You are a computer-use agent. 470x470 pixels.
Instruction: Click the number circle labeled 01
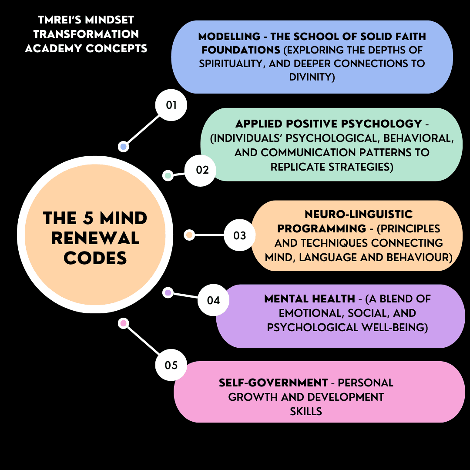(171, 105)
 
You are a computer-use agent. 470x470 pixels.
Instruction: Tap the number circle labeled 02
(201, 170)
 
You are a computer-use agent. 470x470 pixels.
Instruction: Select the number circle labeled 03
(239, 235)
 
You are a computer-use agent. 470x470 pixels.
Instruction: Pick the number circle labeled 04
(213, 300)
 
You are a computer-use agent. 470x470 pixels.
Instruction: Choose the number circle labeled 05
(171, 365)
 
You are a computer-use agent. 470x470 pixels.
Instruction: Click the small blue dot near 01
(124, 147)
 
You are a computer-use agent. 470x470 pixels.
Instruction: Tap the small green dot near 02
(168, 175)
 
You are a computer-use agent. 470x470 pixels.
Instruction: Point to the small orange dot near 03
(189, 235)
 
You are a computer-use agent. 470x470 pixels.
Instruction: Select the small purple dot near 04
(168, 292)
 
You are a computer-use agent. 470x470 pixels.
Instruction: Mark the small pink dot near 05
(124, 323)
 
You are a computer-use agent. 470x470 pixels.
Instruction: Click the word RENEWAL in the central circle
(95, 238)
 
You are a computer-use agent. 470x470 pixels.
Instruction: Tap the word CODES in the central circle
(95, 258)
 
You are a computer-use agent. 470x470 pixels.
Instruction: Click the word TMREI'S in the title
(59, 20)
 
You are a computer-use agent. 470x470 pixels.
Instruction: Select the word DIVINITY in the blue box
(312, 77)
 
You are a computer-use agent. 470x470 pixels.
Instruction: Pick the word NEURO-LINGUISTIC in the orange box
(358, 214)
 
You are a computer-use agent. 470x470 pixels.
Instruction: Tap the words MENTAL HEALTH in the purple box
(309, 299)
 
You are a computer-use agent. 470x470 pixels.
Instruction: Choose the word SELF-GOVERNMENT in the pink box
(273, 383)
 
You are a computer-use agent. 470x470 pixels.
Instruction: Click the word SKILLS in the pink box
(306, 411)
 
